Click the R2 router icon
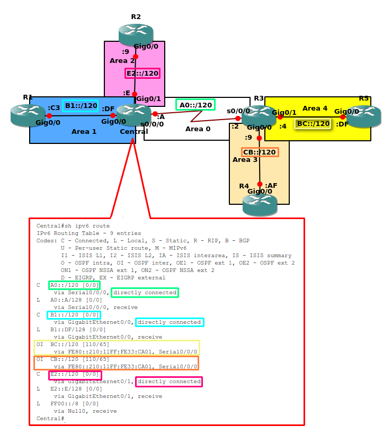coord(136,33)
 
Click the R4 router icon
coord(260,204)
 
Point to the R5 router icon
coord(364,116)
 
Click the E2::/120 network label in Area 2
coord(142,73)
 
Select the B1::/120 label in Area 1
coord(81,106)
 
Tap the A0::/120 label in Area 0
coord(195,105)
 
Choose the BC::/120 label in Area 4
coord(313,124)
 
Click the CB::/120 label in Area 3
coord(260,152)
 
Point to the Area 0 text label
coord(198,129)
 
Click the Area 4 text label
coord(315,108)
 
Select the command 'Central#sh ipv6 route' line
coord(73,226)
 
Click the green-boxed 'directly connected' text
coord(145,293)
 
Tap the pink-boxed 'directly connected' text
coord(169,382)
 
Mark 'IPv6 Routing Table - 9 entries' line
coord(88,233)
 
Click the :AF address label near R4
coord(271,185)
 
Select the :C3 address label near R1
coord(54,107)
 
